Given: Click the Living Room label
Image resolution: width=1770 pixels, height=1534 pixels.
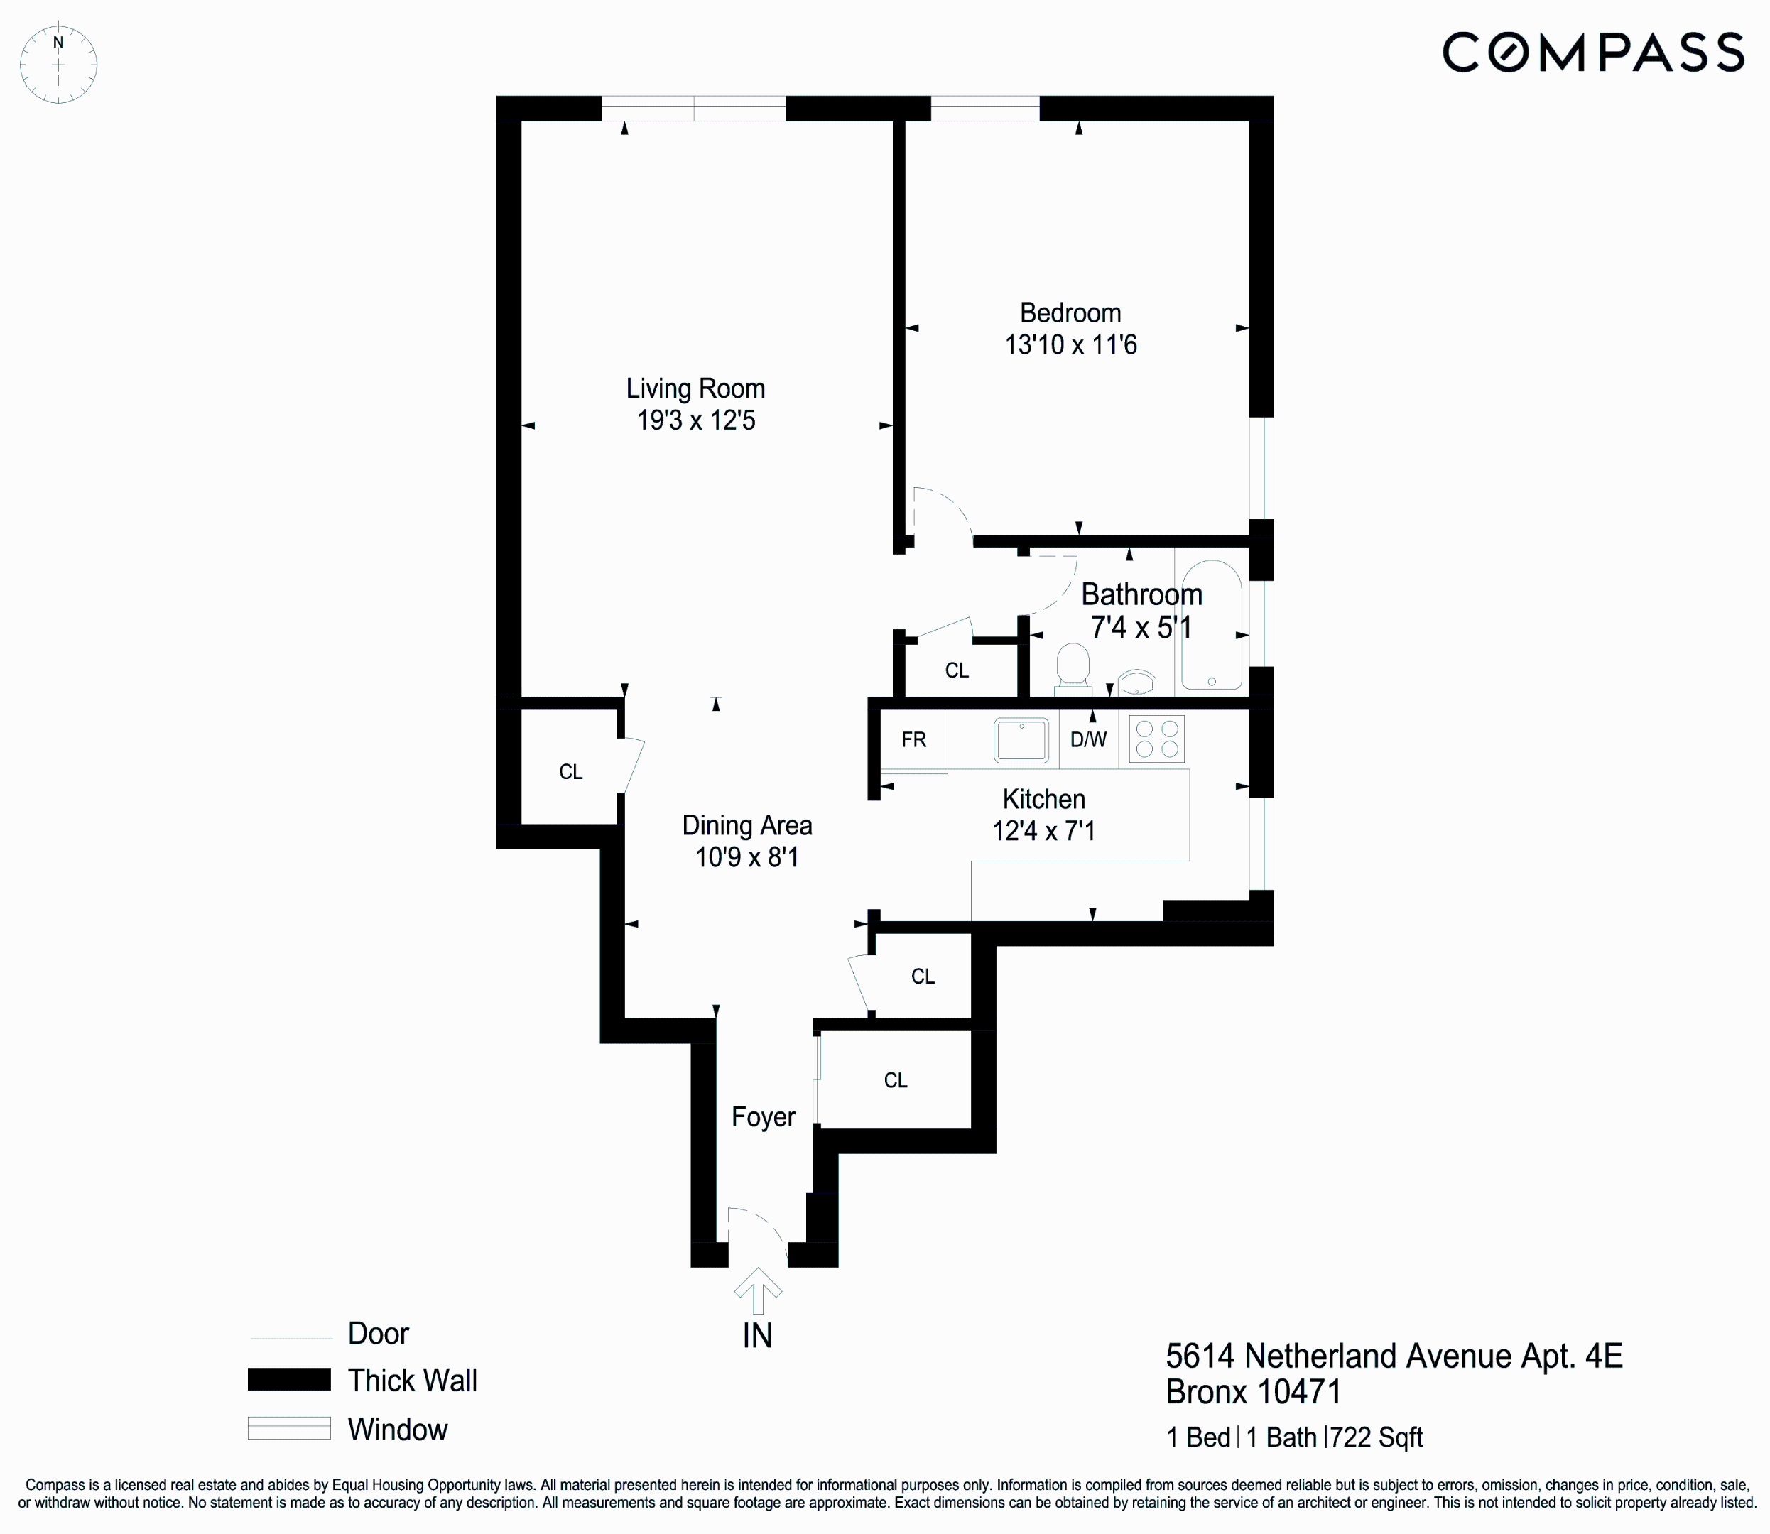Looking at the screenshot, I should [x=695, y=388].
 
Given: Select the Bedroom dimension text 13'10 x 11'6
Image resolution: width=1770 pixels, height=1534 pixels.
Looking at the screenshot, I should [x=1070, y=345].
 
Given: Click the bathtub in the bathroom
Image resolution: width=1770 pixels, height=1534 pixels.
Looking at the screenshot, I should [x=1211, y=626].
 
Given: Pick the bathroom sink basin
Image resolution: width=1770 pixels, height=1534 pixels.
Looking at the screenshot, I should [x=1136, y=684].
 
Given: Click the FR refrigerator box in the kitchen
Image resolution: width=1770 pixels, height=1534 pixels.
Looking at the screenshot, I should [x=913, y=739].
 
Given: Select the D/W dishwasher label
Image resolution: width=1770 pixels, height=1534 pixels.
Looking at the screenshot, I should [x=1088, y=739].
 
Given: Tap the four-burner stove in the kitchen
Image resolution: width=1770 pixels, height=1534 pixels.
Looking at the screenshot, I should [x=1156, y=739].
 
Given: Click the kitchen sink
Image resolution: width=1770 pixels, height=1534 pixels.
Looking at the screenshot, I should [x=1021, y=739].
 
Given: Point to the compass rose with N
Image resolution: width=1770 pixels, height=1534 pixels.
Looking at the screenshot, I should [x=58, y=64].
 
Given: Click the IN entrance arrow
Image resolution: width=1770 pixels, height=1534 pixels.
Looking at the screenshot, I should [x=757, y=1292].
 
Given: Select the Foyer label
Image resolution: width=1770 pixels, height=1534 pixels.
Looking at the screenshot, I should [x=763, y=1117].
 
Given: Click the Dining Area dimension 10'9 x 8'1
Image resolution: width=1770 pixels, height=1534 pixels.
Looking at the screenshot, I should [x=746, y=857].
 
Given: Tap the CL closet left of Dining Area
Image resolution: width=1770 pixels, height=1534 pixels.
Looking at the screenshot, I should [x=570, y=772].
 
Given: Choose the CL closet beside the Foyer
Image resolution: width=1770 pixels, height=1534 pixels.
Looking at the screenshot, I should [x=895, y=1080].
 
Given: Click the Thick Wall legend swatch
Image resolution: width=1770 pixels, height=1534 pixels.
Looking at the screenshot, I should [x=288, y=1379].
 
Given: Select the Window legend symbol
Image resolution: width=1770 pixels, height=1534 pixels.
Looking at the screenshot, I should [x=288, y=1428].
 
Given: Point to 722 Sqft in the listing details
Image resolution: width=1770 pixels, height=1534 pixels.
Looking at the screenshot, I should [x=1375, y=1437].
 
